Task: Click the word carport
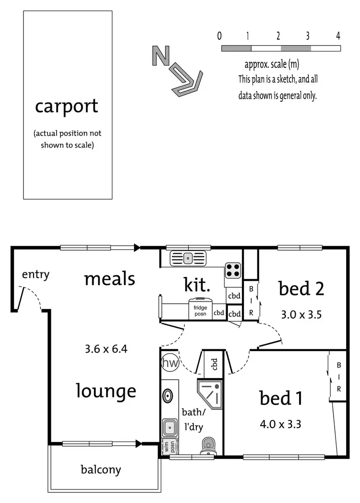pos(66,106)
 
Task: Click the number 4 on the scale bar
pos(338,36)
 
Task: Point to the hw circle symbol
pos(169,363)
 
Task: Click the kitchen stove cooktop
pos(233,270)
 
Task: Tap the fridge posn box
pos(200,310)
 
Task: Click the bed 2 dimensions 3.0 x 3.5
pos(301,315)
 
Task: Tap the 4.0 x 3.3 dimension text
pos(280,424)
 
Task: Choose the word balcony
pos(101,469)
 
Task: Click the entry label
pos(36,275)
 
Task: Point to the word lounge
pos(106,391)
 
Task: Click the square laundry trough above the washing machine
pos(169,426)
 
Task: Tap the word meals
pos(109,279)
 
